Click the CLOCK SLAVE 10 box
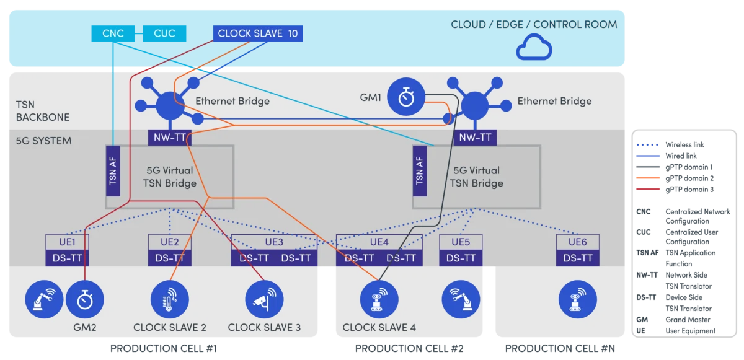pyautogui.click(x=258, y=33)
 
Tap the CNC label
pyautogui.click(x=113, y=33)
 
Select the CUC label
pyautogui.click(x=164, y=33)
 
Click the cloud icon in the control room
pyautogui.click(x=534, y=48)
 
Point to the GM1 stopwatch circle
pyautogui.click(x=407, y=99)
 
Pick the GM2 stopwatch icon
pyautogui.click(x=83, y=300)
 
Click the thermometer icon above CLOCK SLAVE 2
pyautogui.click(x=169, y=299)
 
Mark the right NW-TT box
pyautogui.click(x=476, y=138)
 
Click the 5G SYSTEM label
pyautogui.click(x=43, y=141)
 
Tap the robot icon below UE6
pyautogui.click(x=577, y=299)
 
